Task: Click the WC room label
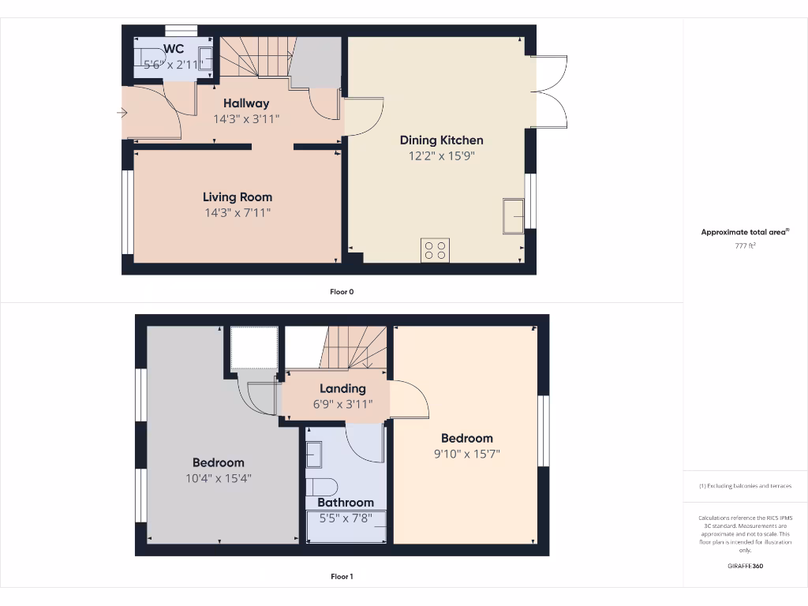coord(174,49)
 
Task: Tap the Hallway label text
coord(245,103)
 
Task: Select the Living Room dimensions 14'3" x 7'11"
coord(237,212)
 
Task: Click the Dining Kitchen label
coord(441,140)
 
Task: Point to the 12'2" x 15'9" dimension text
coord(441,155)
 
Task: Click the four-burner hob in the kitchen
coord(435,250)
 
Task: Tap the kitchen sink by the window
coord(513,215)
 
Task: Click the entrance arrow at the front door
coord(122,114)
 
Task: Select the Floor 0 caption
coord(342,292)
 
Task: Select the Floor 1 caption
coord(342,577)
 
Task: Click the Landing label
coord(342,388)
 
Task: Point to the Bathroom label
coord(346,503)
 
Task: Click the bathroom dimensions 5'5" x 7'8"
coord(346,518)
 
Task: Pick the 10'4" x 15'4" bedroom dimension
coord(218,478)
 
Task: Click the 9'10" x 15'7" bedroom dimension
coord(466,454)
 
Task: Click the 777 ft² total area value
coord(745,246)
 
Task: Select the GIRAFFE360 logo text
coord(745,566)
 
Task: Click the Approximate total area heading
coord(744,232)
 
